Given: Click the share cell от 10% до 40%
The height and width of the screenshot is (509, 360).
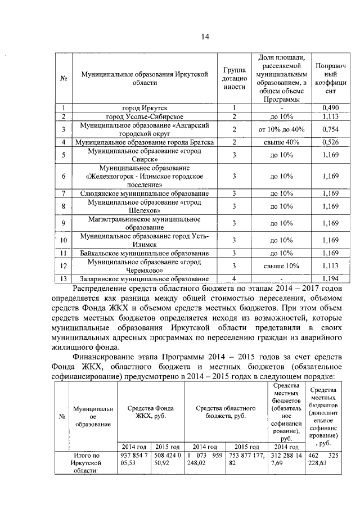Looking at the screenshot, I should click(x=281, y=129).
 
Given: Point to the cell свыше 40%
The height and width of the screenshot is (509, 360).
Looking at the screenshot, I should click(x=281, y=142).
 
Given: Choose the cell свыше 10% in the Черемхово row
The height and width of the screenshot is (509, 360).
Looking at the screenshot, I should click(x=281, y=266).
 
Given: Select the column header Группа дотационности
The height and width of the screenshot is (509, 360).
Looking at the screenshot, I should click(x=233, y=78).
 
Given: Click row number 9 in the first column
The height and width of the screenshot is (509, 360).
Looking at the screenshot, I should click(x=64, y=223).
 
